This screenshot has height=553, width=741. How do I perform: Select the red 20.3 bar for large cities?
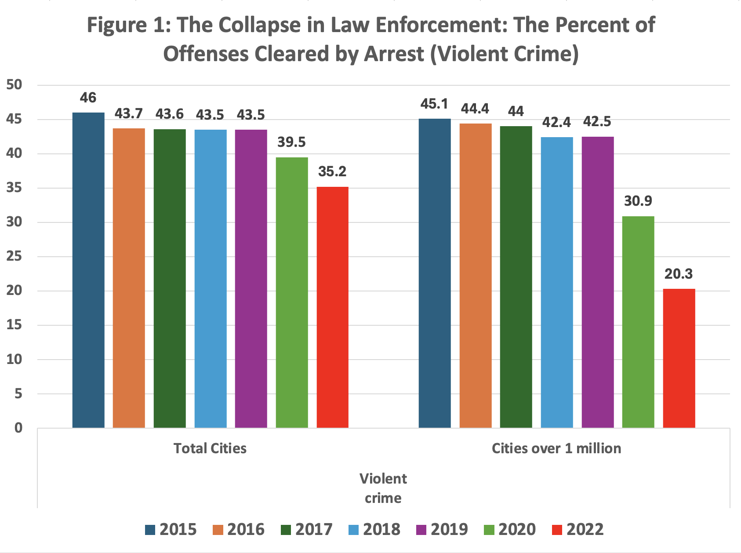679,358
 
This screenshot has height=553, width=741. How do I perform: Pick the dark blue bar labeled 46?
88,270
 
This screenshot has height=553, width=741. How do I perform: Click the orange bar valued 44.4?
475,275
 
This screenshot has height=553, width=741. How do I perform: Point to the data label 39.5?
291,142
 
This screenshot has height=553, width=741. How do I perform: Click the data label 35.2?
332,171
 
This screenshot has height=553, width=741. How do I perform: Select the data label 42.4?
556,122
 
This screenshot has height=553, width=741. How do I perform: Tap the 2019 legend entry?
442,529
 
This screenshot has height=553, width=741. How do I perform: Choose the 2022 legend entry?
578,529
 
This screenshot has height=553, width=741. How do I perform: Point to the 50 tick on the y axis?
14,85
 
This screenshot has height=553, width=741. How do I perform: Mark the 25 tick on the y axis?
14,256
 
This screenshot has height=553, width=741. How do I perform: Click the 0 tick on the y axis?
18,428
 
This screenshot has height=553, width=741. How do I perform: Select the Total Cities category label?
210,448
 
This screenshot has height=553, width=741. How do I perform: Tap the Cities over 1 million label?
556,448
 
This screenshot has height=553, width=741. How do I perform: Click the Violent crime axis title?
383,488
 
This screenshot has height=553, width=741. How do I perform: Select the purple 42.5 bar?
597,282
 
